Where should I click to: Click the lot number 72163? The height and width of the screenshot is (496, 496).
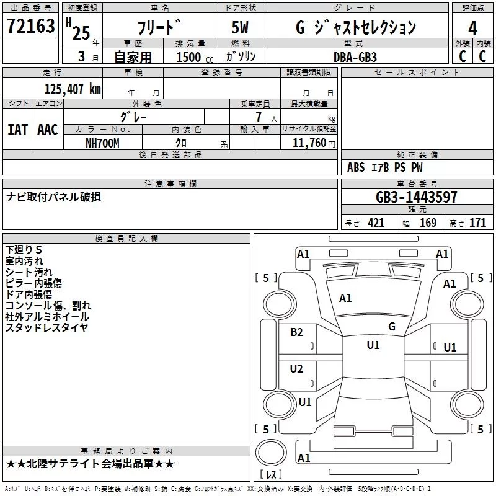(x=30, y=26)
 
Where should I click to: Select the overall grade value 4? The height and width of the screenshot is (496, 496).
(x=472, y=29)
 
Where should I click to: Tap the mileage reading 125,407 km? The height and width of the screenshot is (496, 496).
(x=73, y=89)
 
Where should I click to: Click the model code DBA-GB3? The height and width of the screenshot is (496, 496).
(x=355, y=57)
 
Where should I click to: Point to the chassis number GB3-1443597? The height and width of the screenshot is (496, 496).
(x=416, y=197)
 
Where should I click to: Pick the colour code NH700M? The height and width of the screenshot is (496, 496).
(x=102, y=143)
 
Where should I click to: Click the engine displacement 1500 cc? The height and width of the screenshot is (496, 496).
(x=195, y=57)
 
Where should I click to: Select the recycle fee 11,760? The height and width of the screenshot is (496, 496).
(x=309, y=143)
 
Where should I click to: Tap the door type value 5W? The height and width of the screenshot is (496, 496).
(x=240, y=27)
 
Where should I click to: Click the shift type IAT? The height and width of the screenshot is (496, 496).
(x=18, y=130)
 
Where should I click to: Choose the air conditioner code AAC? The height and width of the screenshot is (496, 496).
(x=48, y=130)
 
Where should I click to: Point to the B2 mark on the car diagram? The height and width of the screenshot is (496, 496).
(x=296, y=332)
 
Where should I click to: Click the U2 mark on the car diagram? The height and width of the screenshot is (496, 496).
(x=296, y=368)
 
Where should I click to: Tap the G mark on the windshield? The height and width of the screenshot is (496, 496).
(x=392, y=326)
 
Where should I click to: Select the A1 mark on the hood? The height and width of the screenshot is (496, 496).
(x=345, y=298)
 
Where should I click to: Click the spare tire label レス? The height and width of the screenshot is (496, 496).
(x=271, y=474)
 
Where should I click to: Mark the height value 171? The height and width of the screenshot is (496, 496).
(x=477, y=223)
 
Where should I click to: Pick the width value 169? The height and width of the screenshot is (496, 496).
(x=428, y=223)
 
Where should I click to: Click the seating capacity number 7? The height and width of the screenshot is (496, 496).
(x=259, y=117)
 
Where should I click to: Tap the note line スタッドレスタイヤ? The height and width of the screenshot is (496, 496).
(x=46, y=328)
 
